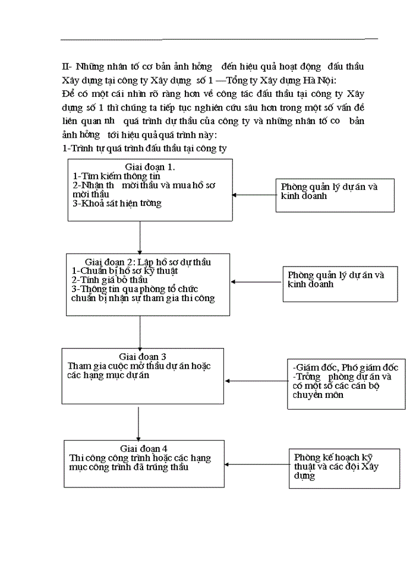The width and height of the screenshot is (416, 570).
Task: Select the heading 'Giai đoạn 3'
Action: (143, 356)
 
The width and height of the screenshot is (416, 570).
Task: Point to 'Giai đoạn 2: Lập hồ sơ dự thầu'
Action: (148, 262)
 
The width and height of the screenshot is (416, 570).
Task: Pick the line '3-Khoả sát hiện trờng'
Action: (117, 203)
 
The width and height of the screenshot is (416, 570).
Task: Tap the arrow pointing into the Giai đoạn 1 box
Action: (253, 195)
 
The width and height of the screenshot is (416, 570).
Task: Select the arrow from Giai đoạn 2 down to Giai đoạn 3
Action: (140, 332)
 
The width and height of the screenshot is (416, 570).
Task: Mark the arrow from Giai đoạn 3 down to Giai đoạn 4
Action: (138, 423)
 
